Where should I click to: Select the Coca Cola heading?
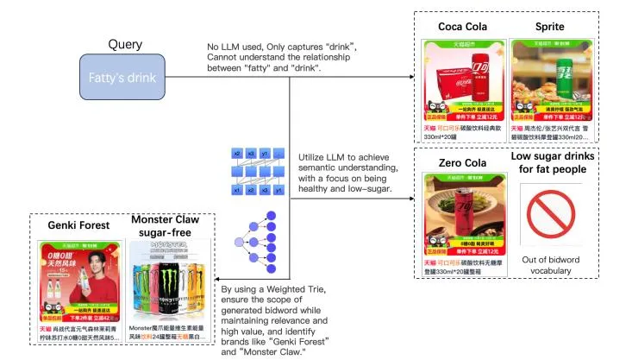pyautogui.click(x=461, y=27)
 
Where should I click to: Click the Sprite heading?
pyautogui.click(x=551, y=27)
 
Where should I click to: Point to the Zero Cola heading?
pyautogui.click(x=461, y=161)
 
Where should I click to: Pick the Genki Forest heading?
pyautogui.click(x=78, y=226)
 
